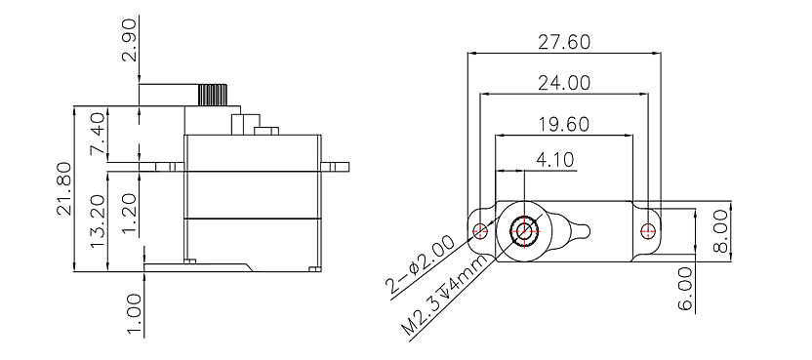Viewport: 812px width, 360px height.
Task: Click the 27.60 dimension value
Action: (x=564, y=42)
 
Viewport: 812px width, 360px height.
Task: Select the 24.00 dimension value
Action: (x=564, y=83)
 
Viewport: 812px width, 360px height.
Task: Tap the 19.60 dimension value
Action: (x=563, y=124)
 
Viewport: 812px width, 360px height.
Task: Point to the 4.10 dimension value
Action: (x=554, y=160)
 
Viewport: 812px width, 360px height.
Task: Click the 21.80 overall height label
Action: (x=65, y=188)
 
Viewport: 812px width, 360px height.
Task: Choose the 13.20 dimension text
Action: (x=98, y=221)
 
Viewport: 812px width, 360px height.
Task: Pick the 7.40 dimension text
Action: (x=98, y=135)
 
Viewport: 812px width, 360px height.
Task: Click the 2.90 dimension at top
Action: (x=130, y=40)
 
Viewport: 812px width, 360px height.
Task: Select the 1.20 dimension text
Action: (x=130, y=215)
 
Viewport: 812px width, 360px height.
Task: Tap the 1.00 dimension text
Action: (x=134, y=315)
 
